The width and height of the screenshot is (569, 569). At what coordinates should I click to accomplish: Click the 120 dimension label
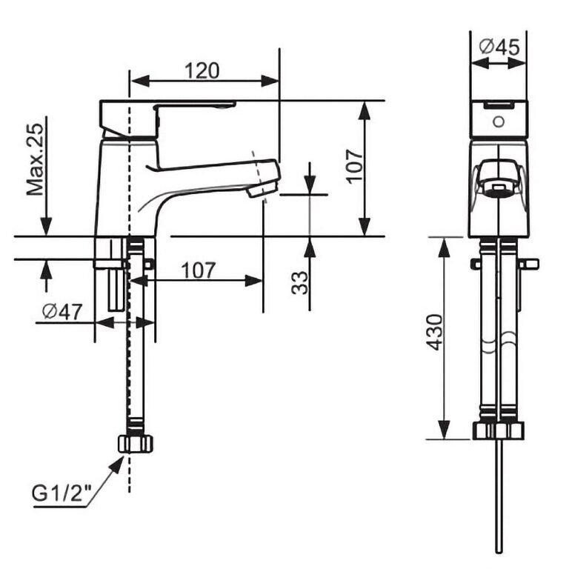202,71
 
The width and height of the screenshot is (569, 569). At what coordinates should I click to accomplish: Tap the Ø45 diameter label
499,47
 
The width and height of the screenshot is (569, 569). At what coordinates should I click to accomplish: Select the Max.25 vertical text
36,160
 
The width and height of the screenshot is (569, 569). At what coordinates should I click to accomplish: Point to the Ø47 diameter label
62,311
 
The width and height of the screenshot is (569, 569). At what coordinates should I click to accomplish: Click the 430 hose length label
434,333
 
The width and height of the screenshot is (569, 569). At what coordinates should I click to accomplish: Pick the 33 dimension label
300,283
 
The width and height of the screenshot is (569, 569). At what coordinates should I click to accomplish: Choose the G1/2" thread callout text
61,493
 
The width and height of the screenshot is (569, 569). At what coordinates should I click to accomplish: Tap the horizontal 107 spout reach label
198,270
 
